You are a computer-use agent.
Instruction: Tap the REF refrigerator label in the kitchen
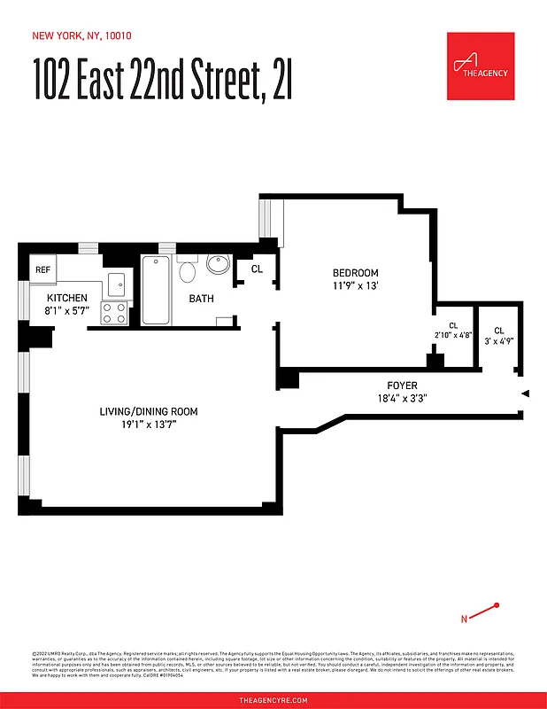[x=42, y=269]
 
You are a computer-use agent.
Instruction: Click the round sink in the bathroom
[x=218, y=263]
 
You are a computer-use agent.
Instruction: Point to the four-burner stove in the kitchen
[x=114, y=312]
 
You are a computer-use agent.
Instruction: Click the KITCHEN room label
[x=66, y=298]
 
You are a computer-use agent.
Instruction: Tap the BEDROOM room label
[x=355, y=272]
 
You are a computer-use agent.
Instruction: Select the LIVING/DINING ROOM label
[x=147, y=411]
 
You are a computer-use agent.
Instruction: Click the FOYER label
[x=402, y=386]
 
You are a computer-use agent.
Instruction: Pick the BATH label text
[x=201, y=299]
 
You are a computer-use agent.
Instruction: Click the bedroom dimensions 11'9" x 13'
[x=355, y=285]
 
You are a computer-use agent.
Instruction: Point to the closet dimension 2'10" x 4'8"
[x=453, y=335]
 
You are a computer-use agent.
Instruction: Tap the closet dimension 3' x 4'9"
[x=498, y=340]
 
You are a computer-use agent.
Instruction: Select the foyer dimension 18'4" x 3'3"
[x=402, y=398]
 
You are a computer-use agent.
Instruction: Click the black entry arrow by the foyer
[x=525, y=393]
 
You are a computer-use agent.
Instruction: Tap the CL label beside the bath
[x=257, y=269]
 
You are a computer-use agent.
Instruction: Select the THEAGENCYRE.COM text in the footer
[x=273, y=700]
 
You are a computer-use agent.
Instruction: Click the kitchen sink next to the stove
[x=117, y=284]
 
